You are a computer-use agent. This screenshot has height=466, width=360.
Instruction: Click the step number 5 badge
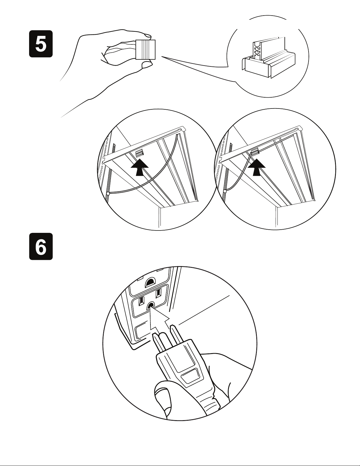41,44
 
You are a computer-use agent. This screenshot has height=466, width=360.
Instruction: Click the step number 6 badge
41,246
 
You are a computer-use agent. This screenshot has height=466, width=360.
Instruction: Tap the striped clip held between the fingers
145,49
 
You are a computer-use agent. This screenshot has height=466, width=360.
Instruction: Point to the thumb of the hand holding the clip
147,64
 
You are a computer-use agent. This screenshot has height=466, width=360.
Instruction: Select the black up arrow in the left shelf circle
140,167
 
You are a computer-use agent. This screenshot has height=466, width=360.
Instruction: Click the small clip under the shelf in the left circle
140,153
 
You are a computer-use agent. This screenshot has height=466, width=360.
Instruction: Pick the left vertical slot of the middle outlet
142,302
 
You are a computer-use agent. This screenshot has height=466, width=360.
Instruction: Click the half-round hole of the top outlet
150,283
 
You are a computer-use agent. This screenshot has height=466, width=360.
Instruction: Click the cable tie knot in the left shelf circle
108,194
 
